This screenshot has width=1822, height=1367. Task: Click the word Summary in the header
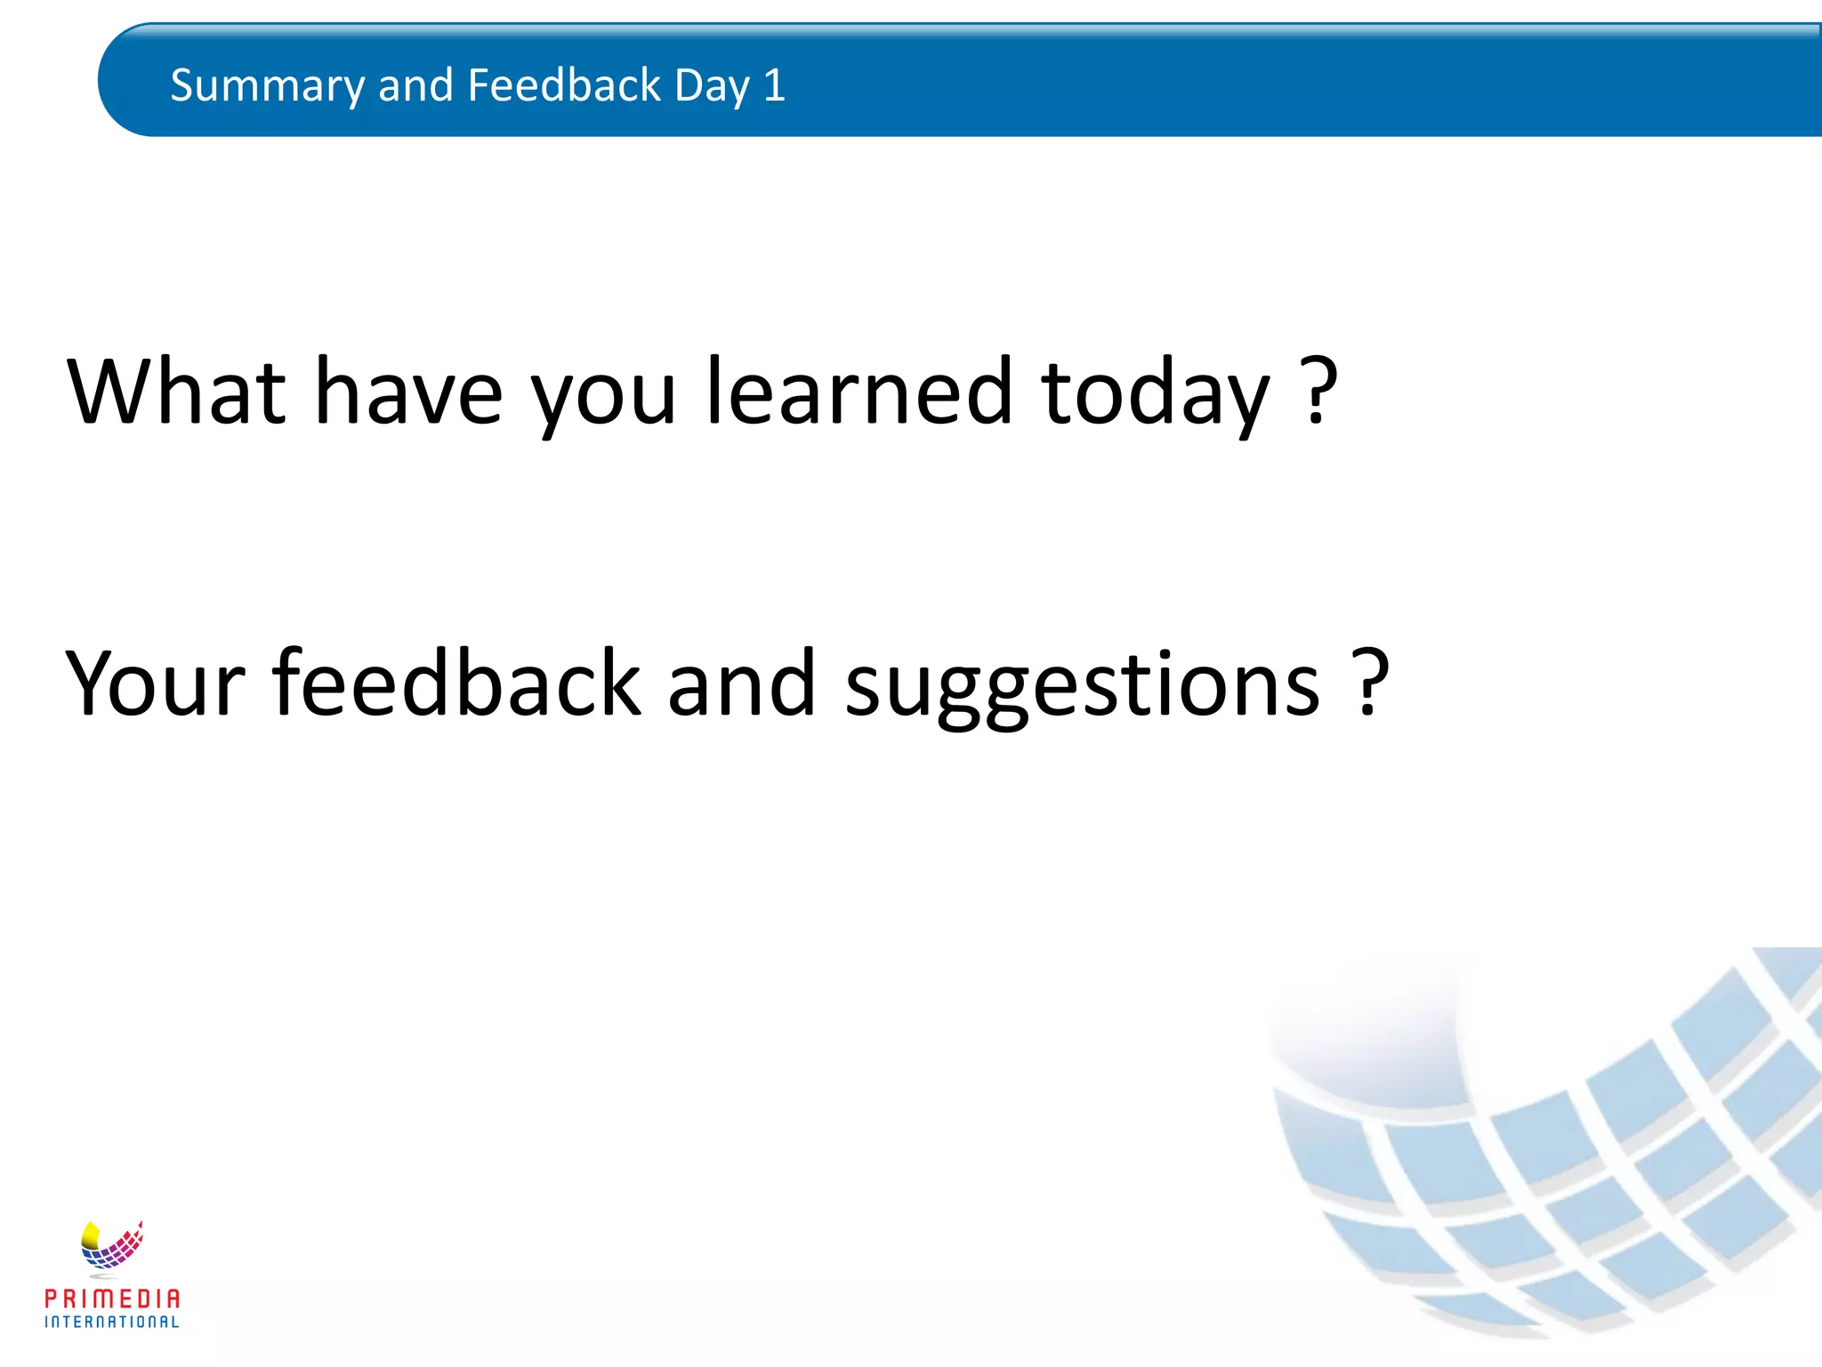267,86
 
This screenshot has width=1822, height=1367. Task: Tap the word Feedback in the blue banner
564,86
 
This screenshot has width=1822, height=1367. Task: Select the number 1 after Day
774,86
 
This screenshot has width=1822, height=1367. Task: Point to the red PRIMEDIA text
112,1298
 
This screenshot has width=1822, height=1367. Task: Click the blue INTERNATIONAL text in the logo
112,1323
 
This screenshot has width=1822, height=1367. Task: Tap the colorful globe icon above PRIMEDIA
112,1244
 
